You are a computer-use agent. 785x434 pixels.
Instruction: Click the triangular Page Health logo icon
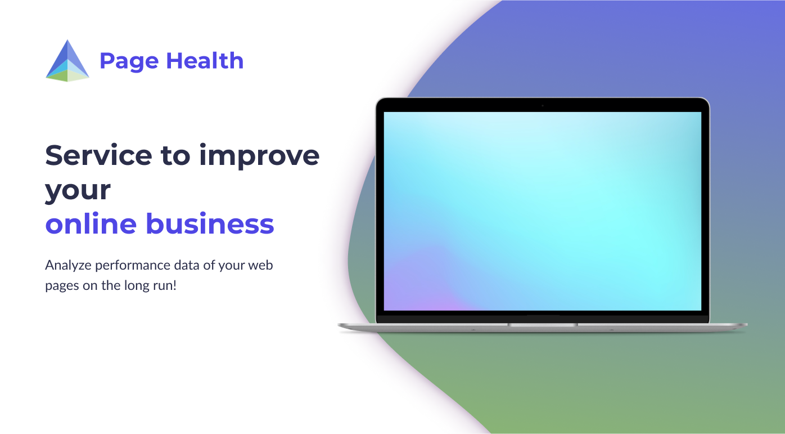[67, 60]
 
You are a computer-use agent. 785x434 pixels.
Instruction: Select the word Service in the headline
[98, 155]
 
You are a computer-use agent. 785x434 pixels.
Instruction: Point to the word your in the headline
[78, 191]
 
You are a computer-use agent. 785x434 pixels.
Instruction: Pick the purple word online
[91, 223]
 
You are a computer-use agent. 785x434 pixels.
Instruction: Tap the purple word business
[210, 223]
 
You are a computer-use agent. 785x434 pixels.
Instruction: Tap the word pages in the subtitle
[59, 286]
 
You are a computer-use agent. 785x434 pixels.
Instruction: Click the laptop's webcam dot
[543, 105]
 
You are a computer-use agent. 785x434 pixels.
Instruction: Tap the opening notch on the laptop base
[543, 324]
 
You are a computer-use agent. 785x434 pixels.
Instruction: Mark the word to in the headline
[175, 155]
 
